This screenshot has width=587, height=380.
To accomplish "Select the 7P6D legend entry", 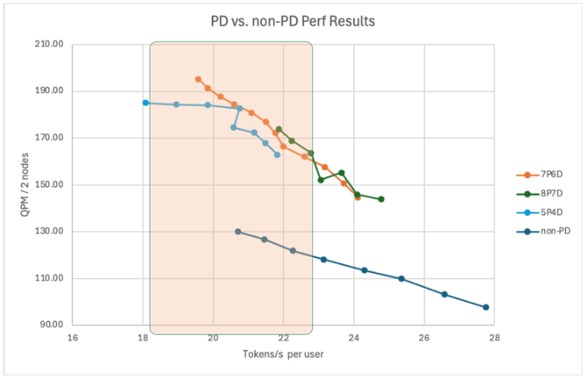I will pyautogui.click(x=543, y=174).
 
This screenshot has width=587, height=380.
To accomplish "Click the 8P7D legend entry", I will pyautogui.click(x=543, y=193).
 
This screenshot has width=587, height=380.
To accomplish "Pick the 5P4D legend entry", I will pyautogui.click(x=543, y=213).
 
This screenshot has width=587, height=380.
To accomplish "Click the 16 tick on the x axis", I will pyautogui.click(x=73, y=338).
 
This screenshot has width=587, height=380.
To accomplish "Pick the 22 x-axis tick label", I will pyautogui.click(x=283, y=338).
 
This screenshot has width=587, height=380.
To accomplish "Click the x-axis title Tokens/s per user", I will pyautogui.click(x=283, y=355).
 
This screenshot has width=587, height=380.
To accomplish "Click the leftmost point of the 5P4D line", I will pyautogui.click(x=146, y=103).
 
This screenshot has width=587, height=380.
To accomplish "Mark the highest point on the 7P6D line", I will pyautogui.click(x=198, y=79).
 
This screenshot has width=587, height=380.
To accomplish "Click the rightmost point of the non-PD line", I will pyautogui.click(x=486, y=307).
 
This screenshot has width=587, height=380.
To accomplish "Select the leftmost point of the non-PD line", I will pyautogui.click(x=238, y=231).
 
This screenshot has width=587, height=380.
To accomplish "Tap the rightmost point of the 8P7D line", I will pyautogui.click(x=381, y=199).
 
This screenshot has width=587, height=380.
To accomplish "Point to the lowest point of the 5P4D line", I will pyautogui.click(x=277, y=154).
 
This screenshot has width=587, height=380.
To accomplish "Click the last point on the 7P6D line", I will pyautogui.click(x=357, y=196).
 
